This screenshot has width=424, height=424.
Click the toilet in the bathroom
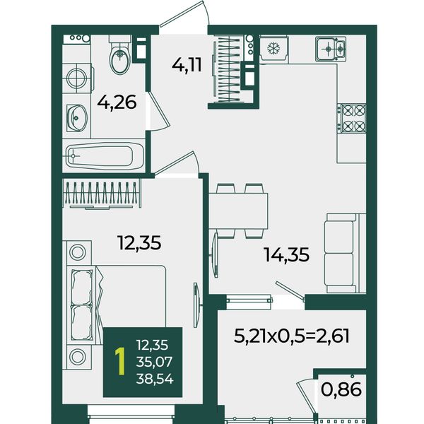pos(120,55)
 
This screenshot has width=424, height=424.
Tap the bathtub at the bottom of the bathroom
pos(105,156)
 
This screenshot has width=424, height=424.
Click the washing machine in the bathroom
pos(78,78)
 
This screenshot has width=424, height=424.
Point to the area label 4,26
pos(117,102)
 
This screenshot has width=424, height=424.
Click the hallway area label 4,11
pos(187,65)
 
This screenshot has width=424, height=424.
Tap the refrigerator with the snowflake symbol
pos(273,49)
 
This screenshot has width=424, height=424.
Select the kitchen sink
pos(331,49)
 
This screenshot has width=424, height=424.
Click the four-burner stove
pos(351,119)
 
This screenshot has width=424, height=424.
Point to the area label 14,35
pos(287,254)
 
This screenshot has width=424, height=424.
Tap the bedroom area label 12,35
pos(139,242)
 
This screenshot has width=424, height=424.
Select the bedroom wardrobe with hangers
pos(102,194)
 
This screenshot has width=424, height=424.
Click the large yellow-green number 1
pos(120,362)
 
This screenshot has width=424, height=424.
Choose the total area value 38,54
pos(155,379)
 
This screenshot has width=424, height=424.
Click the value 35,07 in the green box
pos(154,362)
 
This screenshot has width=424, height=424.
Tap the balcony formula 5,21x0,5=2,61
pos(291,336)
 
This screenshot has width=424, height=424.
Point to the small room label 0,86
pos(341,389)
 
